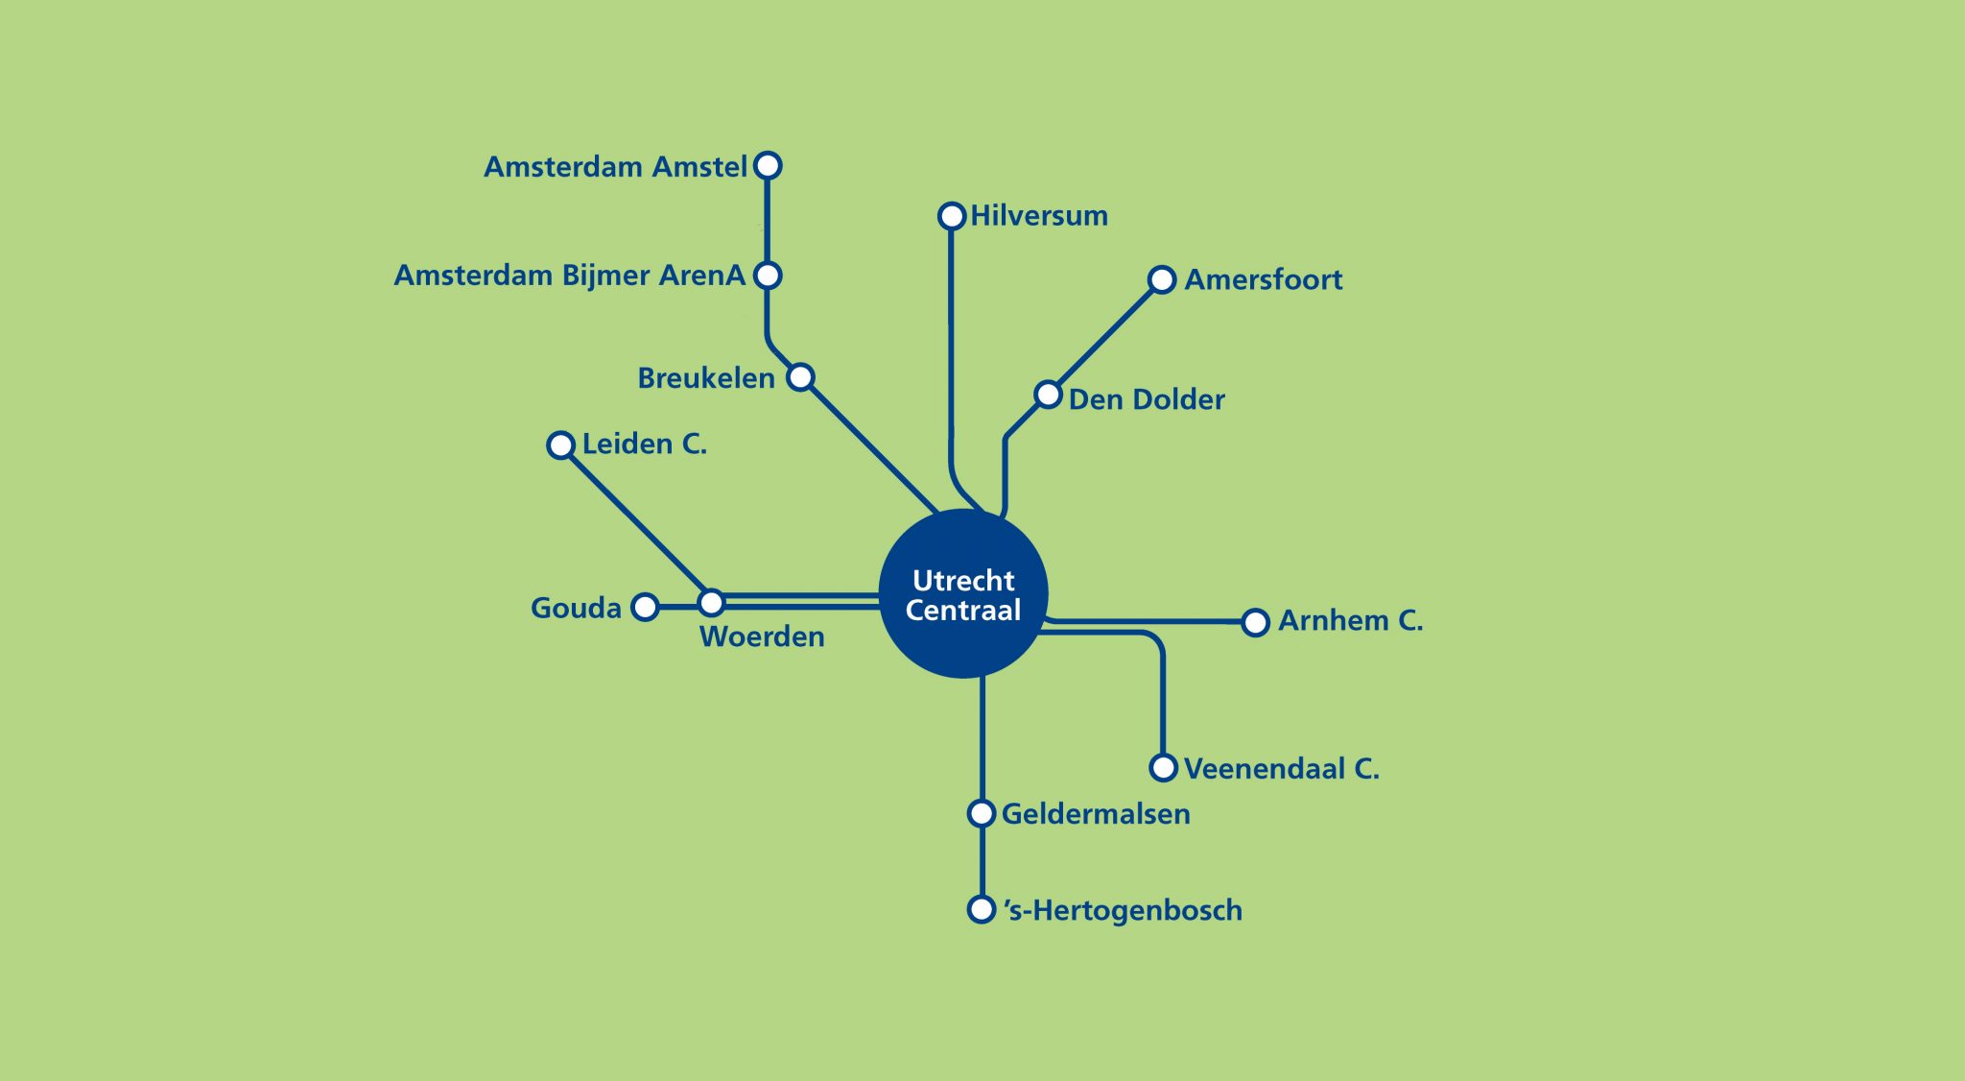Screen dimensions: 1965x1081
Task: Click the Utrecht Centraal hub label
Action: coord(963,595)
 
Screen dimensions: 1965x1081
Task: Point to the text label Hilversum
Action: coord(1039,215)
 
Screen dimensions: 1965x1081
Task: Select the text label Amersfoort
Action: coord(1264,279)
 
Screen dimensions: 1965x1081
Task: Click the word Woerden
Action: coord(762,637)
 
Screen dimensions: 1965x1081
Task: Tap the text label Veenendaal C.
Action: coord(1282,768)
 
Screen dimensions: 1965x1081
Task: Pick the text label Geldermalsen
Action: coord(1096,814)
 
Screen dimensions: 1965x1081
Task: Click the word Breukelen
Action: coord(706,378)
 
